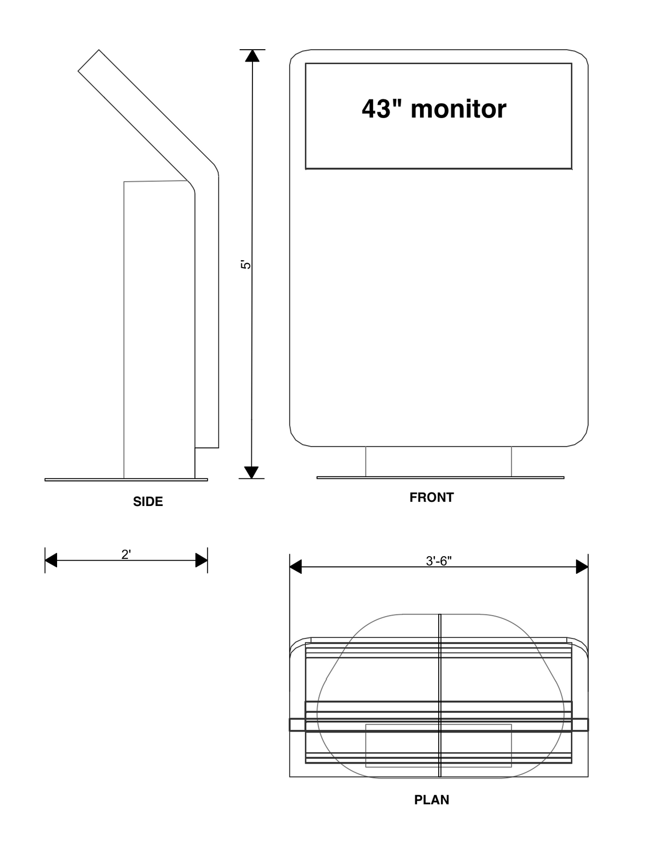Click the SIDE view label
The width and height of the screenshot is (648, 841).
148,502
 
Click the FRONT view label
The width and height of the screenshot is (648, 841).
431,497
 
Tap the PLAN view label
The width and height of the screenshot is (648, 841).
431,800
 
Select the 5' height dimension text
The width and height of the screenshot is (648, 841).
246,264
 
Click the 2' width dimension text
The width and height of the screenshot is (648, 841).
126,555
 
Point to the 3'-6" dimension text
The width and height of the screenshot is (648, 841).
439,561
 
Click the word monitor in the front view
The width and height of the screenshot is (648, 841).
458,109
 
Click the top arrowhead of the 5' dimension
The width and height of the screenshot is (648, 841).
252,56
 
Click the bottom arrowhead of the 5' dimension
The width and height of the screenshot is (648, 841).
251,472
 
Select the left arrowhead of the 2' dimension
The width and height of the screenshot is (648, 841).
51,560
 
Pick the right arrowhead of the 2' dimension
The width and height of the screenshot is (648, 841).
201,560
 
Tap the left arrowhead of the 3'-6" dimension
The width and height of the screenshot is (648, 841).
296,567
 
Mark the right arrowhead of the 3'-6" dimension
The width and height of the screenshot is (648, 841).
582,567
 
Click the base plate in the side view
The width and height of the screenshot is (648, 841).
126,480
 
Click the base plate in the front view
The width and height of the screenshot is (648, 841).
440,477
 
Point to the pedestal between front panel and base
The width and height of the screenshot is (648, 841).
438,461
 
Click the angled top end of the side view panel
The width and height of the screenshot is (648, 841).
89,60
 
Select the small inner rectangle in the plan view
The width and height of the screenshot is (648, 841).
438,745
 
